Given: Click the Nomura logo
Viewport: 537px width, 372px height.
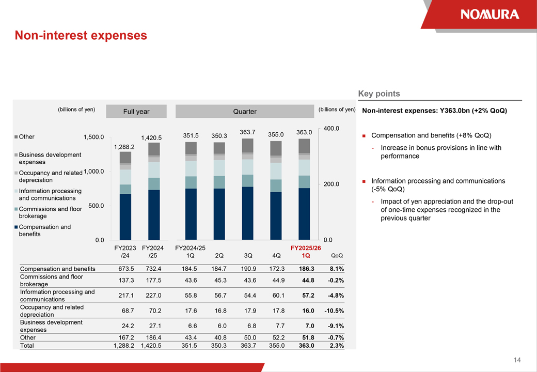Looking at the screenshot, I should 489,14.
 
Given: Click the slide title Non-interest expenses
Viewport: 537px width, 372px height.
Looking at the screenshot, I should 81,36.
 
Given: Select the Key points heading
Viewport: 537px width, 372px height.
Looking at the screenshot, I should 379,94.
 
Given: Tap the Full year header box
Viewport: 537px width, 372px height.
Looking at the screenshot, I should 136,112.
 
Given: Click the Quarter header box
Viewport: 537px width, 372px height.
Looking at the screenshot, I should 245,112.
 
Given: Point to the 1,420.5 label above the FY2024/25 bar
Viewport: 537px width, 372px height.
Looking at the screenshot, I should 152,138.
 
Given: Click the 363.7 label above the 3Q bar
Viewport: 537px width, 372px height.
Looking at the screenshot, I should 247,132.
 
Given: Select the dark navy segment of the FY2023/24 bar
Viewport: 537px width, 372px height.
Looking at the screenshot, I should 125,217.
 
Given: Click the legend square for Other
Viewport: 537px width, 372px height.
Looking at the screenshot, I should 17,137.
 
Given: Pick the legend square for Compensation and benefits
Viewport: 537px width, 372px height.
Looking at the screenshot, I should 17,227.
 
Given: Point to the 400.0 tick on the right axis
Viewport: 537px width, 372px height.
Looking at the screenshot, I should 330,129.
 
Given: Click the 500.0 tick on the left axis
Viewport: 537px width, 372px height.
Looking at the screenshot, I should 96,206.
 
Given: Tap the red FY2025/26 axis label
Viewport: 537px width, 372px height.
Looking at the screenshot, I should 306,248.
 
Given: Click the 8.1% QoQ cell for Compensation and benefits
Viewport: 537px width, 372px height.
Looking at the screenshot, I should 336,269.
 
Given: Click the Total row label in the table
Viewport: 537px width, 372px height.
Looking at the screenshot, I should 27,346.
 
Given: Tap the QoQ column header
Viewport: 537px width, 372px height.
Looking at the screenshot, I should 337,255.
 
